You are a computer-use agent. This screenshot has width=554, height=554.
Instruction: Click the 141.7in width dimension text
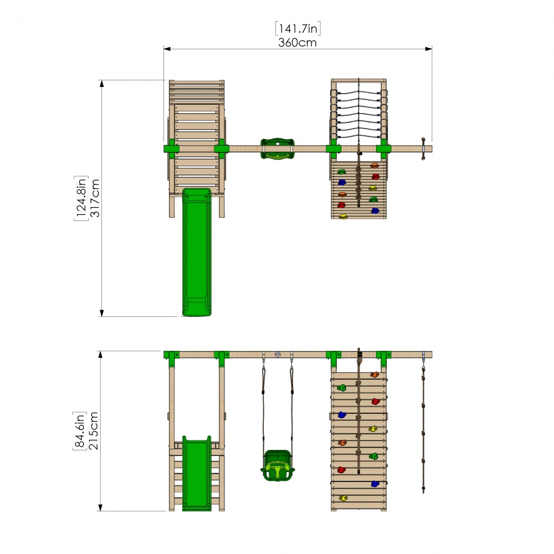pos(297,28)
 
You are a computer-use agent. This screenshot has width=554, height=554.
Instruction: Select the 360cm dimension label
pos(297,42)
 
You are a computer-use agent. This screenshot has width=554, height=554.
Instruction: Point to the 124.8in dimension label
pos(81,198)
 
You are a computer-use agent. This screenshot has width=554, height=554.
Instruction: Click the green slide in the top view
pos(197,252)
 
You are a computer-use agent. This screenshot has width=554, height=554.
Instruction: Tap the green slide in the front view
pos(197,474)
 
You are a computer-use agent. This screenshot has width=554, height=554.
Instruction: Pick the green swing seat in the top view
pos(276,149)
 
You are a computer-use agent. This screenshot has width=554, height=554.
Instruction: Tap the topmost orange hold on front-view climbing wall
pos(375,375)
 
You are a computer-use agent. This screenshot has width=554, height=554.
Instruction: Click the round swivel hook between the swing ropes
pos(278,355)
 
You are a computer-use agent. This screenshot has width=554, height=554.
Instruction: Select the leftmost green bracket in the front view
pos(171,357)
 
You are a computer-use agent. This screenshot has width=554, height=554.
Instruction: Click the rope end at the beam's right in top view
pos(424,148)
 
